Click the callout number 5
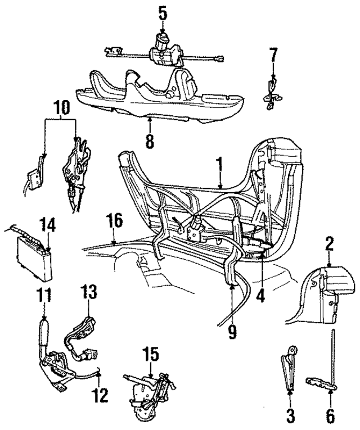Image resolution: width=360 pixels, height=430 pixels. (x=163, y=12)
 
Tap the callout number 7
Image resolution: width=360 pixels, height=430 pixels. (x=273, y=56)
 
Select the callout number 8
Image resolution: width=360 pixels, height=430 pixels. (x=149, y=141)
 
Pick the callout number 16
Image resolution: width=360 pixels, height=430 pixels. (x=115, y=220)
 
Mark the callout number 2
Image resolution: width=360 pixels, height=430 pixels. (x=330, y=243)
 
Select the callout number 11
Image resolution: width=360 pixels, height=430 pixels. (x=43, y=295)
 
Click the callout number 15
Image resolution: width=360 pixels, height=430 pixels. (x=151, y=354)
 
